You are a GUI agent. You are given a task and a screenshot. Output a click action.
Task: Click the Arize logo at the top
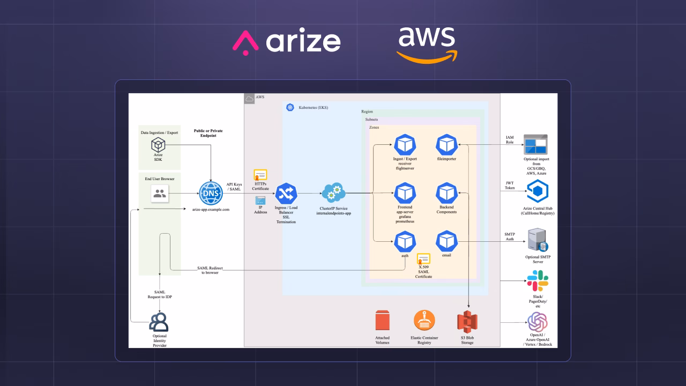(286, 41)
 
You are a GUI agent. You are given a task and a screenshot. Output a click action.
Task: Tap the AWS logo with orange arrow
(427, 45)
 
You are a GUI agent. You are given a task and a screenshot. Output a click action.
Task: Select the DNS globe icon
(211, 194)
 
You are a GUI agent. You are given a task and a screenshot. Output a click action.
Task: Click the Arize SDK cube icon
(158, 145)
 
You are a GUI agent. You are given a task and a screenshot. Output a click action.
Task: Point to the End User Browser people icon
(160, 194)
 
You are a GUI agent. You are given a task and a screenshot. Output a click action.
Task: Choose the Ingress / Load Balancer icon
(286, 194)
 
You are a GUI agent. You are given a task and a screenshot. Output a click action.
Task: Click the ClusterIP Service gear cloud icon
(333, 193)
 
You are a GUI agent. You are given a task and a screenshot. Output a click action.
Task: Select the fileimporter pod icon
(446, 145)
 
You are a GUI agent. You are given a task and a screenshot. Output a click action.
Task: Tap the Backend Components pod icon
(446, 193)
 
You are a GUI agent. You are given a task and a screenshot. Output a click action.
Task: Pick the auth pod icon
(405, 241)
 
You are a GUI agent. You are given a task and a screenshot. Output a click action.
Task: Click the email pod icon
(446, 241)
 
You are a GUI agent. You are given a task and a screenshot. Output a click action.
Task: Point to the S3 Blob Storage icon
(467, 322)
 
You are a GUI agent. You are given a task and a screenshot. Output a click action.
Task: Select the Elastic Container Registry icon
(424, 321)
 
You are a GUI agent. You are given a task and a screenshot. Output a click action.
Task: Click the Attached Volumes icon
(383, 321)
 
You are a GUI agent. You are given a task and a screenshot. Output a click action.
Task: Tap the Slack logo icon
(538, 280)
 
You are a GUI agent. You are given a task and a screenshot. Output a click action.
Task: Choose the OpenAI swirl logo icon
(538, 322)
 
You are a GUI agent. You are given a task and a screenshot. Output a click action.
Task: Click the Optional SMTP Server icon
(538, 240)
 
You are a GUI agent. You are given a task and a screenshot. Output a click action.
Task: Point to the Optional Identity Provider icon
(159, 322)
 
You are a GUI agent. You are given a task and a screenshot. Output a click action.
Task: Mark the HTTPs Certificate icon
(260, 175)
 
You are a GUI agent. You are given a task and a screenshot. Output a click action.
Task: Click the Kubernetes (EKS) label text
(314, 108)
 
